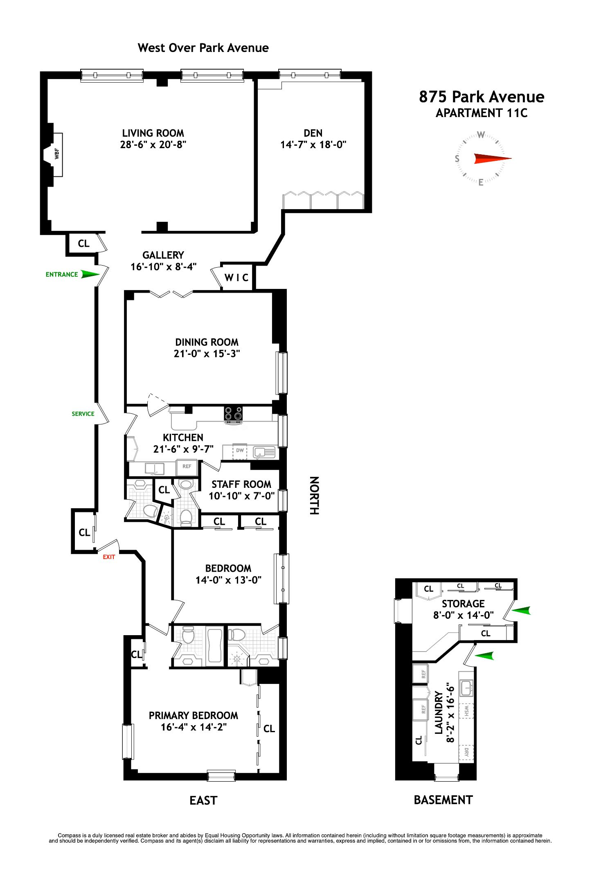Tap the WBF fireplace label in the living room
tap(57, 154)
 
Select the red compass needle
tap(492, 158)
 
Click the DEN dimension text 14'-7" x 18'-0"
tap(313, 144)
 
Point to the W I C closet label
tap(236, 278)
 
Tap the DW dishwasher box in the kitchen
tap(240, 451)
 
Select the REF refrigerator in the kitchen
tap(187, 466)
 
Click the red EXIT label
tap(109, 557)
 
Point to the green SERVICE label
tap(83, 414)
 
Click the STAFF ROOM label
tap(241, 484)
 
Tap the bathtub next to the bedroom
tap(214, 645)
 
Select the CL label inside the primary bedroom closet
tap(269, 728)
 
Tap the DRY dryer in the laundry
tap(466, 752)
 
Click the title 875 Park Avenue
tap(482, 97)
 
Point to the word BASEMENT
tap(443, 800)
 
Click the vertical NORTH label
tap(314, 495)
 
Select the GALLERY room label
tap(163, 255)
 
